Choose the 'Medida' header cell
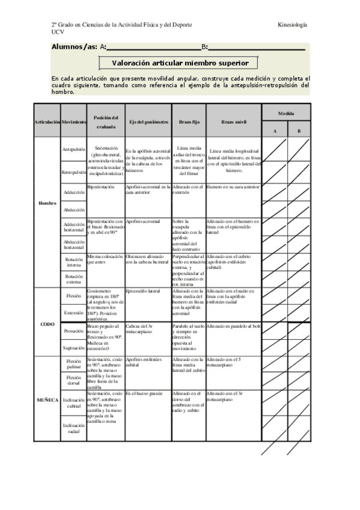tap(285, 113)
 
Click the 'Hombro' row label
tap(47, 203)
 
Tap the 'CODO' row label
tap(47, 324)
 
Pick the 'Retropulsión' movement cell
tap(73, 173)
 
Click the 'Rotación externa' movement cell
tap(73, 278)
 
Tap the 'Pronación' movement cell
tap(73, 331)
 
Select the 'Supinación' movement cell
tap(73, 348)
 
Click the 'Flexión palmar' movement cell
tap(73, 364)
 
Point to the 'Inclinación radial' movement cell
tap(73, 428)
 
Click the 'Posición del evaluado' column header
tap(106, 121)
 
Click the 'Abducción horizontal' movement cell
tap(73, 244)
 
